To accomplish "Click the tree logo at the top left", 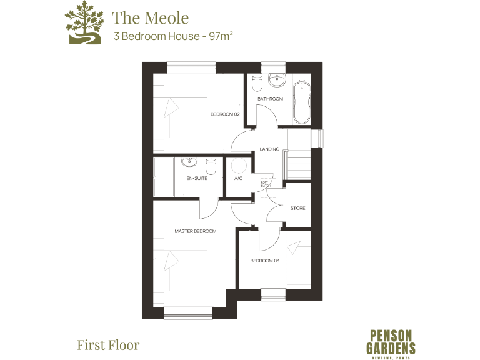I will click(83, 24).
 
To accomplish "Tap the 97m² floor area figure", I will click(219, 36).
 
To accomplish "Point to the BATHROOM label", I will click(270, 99).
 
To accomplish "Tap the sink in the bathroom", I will click(276, 81).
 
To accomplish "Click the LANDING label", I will click(269, 149).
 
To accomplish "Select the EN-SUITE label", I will click(196, 178).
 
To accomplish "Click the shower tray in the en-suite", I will click(165, 178).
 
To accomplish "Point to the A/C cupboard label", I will click(238, 178).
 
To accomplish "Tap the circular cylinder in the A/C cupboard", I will click(239, 165).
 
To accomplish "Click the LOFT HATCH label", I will click(265, 184).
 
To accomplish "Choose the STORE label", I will click(297, 208).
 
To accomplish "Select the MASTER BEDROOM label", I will click(195, 231).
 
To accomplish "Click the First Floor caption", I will click(108, 344).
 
